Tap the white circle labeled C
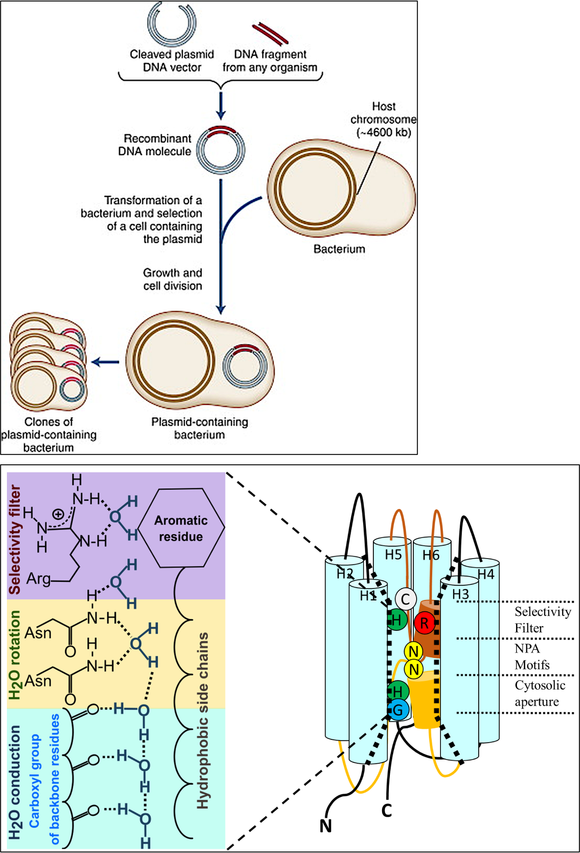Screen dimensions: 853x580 click(x=405, y=599)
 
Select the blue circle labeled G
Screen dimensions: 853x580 click(x=398, y=710)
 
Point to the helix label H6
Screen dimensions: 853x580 click(x=431, y=555)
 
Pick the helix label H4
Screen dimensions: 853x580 click(x=486, y=574)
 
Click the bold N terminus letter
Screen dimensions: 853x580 click(x=325, y=826)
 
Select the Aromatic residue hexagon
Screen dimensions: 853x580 click(x=181, y=528)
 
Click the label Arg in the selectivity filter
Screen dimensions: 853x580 click(x=39, y=578)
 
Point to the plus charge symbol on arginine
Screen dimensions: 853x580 click(x=58, y=514)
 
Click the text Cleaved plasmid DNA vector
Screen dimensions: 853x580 click(x=172, y=61)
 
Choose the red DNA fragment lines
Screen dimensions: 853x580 click(x=270, y=34)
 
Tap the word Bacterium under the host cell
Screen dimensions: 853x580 click(x=339, y=249)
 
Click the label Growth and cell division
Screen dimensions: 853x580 click(x=173, y=279)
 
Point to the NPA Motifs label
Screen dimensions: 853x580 click(x=532, y=657)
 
